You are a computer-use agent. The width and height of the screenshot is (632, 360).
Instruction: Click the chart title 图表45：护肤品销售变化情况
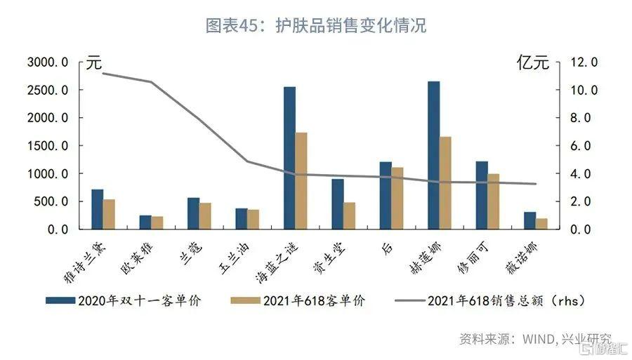point(315,27)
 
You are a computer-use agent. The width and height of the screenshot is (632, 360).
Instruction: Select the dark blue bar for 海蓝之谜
point(289,158)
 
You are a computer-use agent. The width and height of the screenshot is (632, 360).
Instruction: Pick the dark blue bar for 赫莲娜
point(433,155)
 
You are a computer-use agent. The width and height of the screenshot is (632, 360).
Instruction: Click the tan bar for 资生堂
point(349,215)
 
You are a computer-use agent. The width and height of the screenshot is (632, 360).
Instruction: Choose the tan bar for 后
point(397,198)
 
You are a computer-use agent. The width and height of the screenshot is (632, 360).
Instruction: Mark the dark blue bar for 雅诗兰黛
point(97,209)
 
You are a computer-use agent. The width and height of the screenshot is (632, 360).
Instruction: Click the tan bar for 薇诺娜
point(541,224)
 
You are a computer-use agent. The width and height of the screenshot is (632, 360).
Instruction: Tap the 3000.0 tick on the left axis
point(48,62)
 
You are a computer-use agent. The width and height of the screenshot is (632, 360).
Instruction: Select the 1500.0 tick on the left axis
point(48,146)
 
